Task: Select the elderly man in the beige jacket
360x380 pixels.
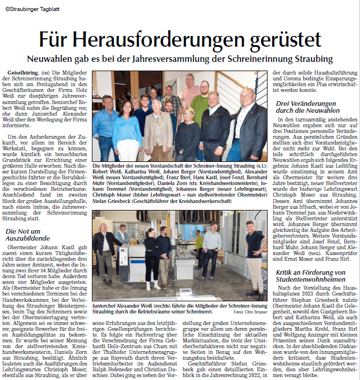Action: pyautogui.click(x=157, y=124)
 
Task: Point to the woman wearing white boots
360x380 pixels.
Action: pyautogui.click(x=153, y=254)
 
